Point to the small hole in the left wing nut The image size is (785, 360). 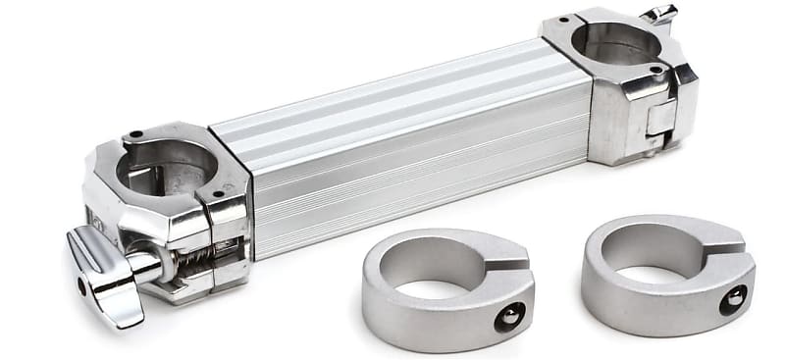click(x=80, y=285)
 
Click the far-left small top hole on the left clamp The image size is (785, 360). click(x=136, y=134)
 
